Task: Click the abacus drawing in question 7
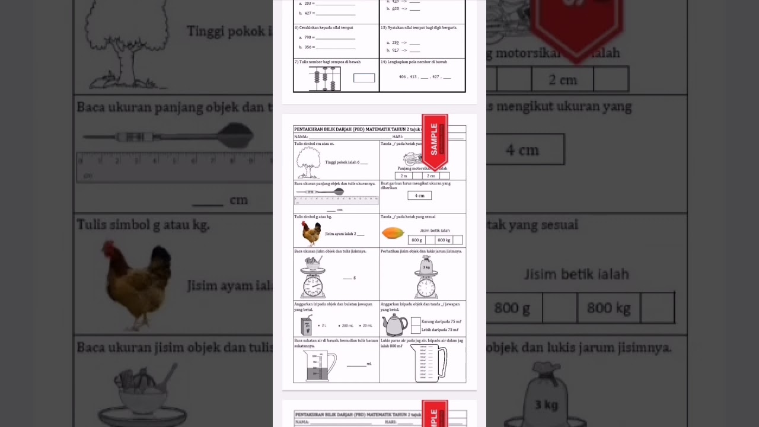tap(324, 78)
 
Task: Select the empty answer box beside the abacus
tap(364, 78)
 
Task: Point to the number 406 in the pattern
tap(403, 77)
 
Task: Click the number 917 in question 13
tap(396, 50)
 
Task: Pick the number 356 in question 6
tap(309, 47)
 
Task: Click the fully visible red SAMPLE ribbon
tap(435, 141)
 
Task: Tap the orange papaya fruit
tap(393, 233)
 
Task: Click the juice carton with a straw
tap(307, 326)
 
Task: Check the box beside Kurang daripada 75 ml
tap(416, 321)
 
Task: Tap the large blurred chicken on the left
tap(137, 282)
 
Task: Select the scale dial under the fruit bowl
tap(312, 287)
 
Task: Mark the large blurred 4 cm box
tap(522, 149)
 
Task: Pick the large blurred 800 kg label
tap(608, 308)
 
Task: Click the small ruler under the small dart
tap(336, 200)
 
